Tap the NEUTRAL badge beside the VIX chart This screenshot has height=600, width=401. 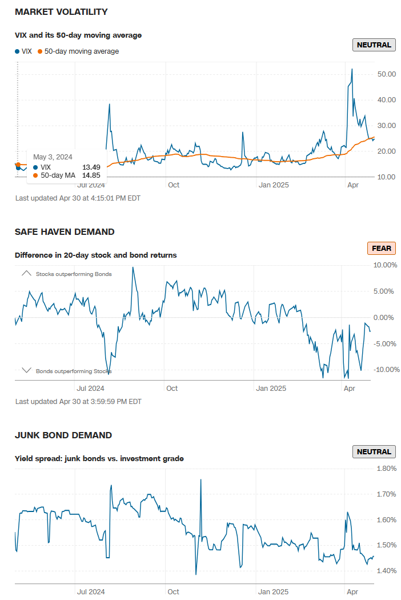click(374, 45)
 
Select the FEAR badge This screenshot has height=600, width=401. click(382, 248)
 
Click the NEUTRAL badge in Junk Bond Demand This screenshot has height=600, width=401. click(374, 452)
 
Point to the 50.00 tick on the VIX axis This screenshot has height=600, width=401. click(387, 74)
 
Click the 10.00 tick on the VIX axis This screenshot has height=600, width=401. click(387, 177)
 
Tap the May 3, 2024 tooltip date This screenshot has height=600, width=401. click(53, 157)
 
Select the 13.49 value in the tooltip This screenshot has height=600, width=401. click(91, 167)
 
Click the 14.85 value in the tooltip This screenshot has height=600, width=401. click(91, 175)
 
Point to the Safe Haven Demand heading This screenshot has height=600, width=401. click(65, 231)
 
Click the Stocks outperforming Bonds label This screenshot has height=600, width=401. click(74, 274)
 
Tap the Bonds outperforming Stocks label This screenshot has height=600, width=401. click(74, 371)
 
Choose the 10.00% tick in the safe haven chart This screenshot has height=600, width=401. click(384, 265)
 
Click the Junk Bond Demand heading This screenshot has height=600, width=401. click(63, 435)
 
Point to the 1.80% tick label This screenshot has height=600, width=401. click(387, 469)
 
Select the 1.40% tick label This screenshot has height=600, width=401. click(387, 571)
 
